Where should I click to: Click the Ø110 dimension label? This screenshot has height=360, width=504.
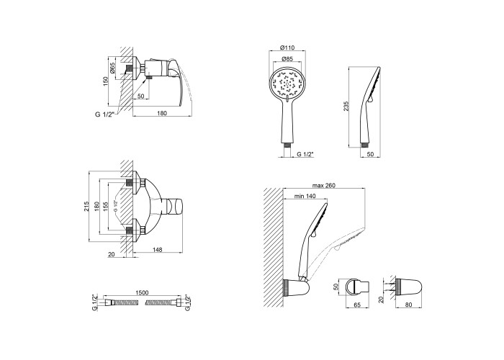pyautogui.click(x=287, y=48)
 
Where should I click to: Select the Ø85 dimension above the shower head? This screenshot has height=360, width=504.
pyautogui.click(x=287, y=59)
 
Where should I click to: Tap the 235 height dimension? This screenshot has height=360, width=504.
pyautogui.click(x=346, y=106)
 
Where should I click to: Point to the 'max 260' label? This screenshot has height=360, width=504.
pyautogui.click(x=324, y=186)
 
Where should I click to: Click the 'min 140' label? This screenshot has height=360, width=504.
pyautogui.click(x=305, y=196)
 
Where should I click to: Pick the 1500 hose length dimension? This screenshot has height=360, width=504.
pyautogui.click(x=142, y=292)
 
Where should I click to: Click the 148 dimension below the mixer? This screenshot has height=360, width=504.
pyautogui.click(x=158, y=249)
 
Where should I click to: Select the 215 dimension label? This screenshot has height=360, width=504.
pyautogui.click(x=86, y=207)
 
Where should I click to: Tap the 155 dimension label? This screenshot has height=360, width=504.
pyautogui.click(x=105, y=207)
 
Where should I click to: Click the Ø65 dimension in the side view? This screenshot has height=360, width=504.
pyautogui.click(x=112, y=68)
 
